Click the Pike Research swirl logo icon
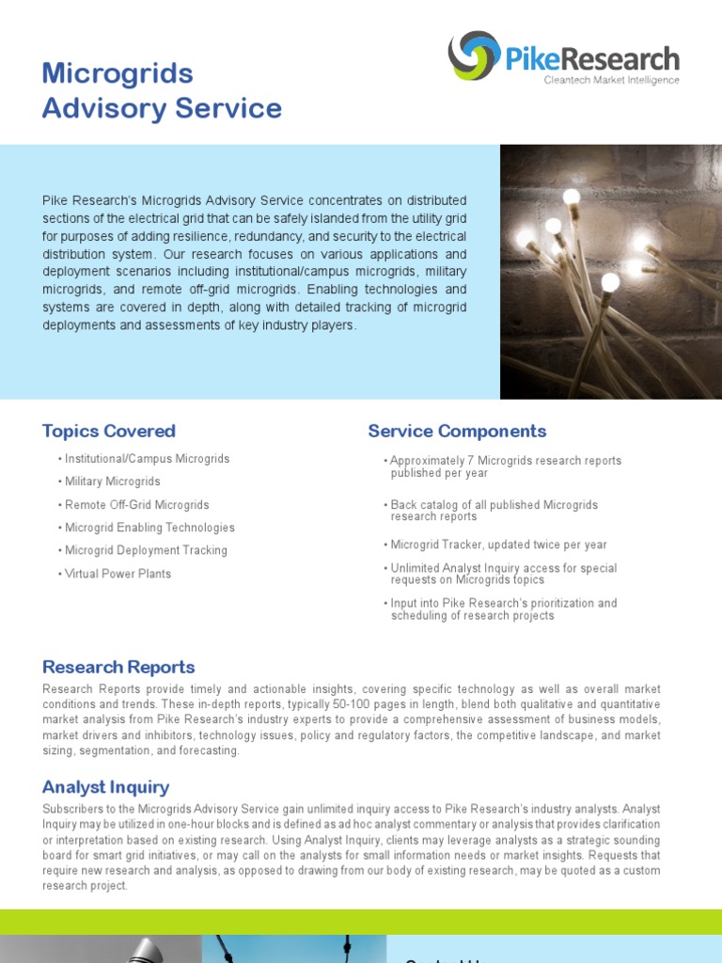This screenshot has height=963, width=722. [474, 55]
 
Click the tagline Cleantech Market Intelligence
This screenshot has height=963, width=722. [611, 81]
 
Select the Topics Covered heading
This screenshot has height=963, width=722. [109, 431]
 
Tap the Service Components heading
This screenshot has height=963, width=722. [457, 431]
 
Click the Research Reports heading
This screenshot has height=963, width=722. [118, 667]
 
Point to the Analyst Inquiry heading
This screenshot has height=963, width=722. [105, 787]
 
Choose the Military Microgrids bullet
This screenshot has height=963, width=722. [112, 481]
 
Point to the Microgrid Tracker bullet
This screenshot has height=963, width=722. [498, 545]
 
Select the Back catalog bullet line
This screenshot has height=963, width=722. [494, 505]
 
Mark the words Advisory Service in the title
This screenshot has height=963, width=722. [162, 108]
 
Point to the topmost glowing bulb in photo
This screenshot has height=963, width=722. [571, 197]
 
